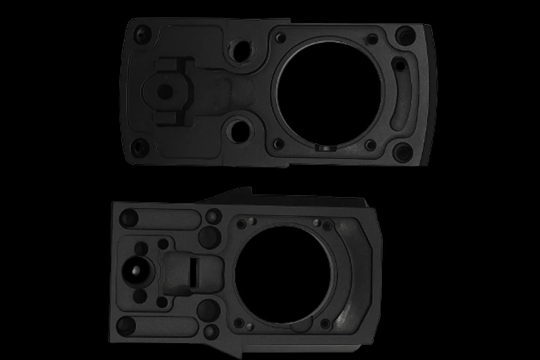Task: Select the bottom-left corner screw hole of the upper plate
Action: click(137, 145)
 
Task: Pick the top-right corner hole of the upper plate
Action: click(405, 33)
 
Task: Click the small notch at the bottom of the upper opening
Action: click(324, 147)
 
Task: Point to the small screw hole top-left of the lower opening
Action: click(242, 224)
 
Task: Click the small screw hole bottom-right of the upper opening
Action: click(370, 145)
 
